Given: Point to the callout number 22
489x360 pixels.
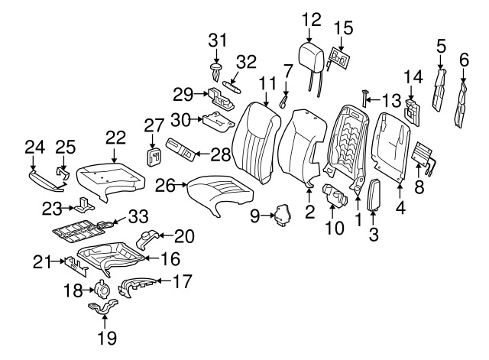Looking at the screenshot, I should coord(115,137).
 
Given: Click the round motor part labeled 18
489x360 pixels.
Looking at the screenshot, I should coord(101,289).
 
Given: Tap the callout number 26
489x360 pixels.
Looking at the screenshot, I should coord(166,184).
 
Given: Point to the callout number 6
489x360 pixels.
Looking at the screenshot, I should coord(463,60).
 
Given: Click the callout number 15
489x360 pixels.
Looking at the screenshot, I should coord(343,29).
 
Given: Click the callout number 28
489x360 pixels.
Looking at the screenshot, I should coord(220,155).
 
